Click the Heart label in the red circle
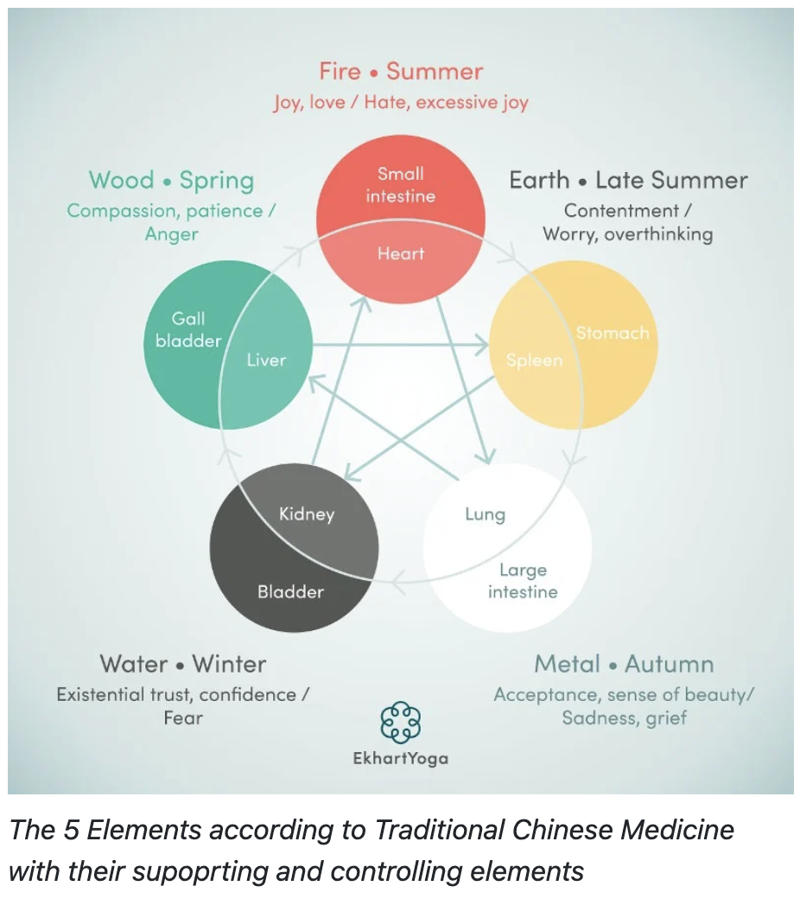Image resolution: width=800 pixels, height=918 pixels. (x=401, y=253)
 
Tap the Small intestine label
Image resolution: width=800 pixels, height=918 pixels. (x=400, y=185)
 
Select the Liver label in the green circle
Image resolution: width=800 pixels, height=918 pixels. (x=266, y=360)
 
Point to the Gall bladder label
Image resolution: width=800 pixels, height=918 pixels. (x=188, y=330)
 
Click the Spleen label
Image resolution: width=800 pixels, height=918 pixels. (x=534, y=360)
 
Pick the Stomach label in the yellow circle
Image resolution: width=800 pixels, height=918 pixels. (x=612, y=333)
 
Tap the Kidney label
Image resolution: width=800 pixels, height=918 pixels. (x=306, y=514)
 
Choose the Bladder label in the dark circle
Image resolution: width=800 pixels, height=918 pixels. (x=290, y=592)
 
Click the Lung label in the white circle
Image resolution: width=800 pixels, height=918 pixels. (x=485, y=514)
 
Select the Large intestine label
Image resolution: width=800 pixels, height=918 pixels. (x=523, y=581)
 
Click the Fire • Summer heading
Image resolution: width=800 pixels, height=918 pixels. (x=401, y=71)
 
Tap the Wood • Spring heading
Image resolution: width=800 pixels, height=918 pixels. (x=171, y=181)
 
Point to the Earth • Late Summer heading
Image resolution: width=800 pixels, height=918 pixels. (x=628, y=181)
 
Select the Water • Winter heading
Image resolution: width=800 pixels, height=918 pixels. (x=183, y=664)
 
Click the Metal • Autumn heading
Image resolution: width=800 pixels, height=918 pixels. (x=624, y=664)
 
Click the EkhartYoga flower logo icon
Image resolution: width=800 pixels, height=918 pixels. (x=400, y=722)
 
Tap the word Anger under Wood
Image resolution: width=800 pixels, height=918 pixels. (x=171, y=234)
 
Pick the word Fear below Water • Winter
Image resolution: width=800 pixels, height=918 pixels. (x=183, y=717)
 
